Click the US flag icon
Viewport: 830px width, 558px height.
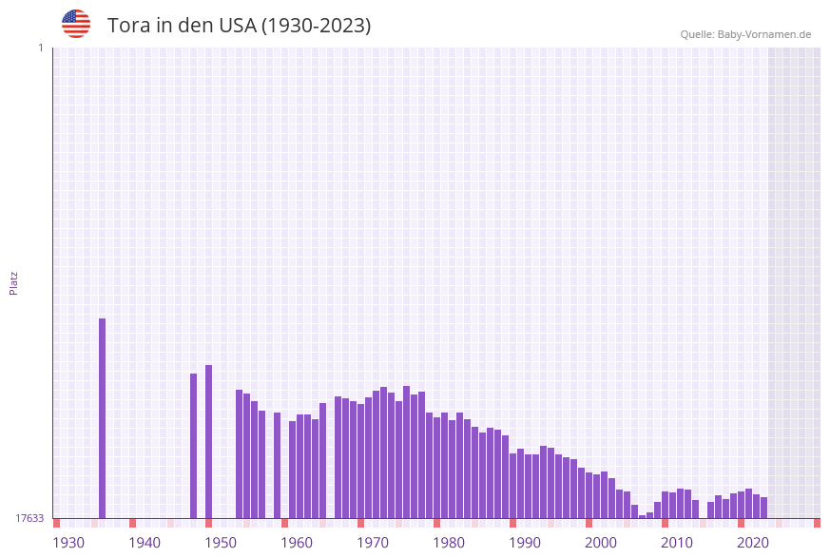[x=76, y=24]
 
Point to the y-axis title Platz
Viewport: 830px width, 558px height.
[x=14, y=282]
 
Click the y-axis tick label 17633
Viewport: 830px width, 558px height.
[x=29, y=518]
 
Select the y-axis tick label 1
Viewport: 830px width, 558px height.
[x=40, y=48]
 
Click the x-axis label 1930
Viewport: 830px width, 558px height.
[x=68, y=543]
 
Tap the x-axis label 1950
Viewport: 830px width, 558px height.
[x=221, y=543]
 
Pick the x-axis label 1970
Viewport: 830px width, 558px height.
[x=373, y=543]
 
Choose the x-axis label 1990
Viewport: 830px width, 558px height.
[x=525, y=543]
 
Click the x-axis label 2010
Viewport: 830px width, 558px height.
[x=677, y=543]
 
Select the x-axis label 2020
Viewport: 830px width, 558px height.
[x=753, y=543]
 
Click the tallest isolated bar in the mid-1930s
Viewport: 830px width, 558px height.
[x=103, y=418]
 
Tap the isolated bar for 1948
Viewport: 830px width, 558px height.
[x=209, y=441]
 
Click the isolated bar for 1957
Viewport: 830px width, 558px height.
[x=278, y=465]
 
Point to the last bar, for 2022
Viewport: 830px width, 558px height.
[x=763, y=508]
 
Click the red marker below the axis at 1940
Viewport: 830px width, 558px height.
[x=132, y=523]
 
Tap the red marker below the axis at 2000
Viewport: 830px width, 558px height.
[x=589, y=523]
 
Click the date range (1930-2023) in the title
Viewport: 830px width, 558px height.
[x=316, y=26]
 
